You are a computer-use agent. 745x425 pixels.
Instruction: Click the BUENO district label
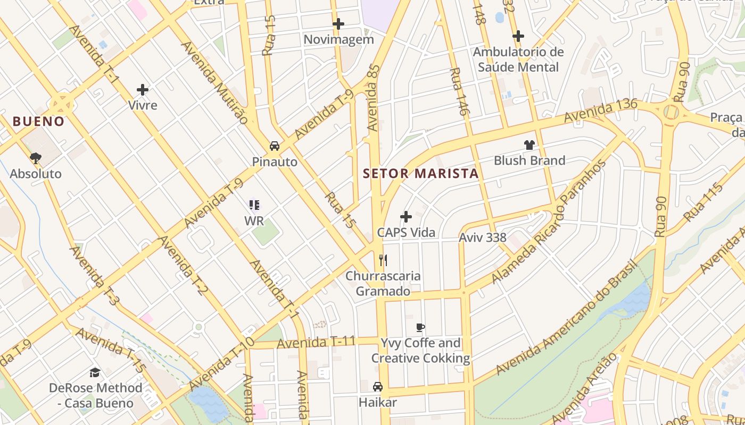click(38, 121)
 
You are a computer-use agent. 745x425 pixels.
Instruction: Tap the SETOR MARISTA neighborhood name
click(420, 174)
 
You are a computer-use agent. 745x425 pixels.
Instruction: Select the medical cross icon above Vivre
click(143, 89)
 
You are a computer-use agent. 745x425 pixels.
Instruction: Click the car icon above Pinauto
click(275, 146)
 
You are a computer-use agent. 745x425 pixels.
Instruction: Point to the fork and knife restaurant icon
click(383, 260)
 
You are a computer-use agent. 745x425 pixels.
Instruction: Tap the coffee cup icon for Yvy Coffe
click(420, 327)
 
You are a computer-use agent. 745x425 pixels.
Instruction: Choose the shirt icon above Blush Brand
click(529, 144)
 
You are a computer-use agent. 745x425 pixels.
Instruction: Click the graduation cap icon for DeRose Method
click(95, 372)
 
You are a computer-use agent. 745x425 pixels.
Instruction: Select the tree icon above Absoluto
click(36, 158)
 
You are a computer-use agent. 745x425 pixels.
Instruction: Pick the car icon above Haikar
click(378, 387)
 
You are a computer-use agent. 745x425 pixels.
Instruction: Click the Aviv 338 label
click(483, 237)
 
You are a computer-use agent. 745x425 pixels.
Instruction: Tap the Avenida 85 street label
click(374, 98)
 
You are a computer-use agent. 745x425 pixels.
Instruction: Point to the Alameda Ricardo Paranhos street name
click(549, 222)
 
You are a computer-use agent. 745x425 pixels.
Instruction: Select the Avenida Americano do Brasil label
click(566, 318)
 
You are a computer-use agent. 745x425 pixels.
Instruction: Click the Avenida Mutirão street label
click(214, 82)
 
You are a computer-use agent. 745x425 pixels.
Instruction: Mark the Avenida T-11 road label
click(316, 343)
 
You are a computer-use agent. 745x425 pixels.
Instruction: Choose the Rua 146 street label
click(459, 92)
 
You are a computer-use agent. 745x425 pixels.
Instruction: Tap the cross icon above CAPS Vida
click(406, 217)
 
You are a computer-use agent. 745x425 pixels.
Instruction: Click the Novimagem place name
click(338, 40)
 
